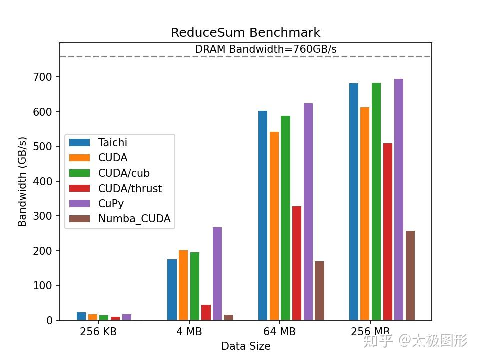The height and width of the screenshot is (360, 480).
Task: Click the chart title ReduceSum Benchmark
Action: click(245, 33)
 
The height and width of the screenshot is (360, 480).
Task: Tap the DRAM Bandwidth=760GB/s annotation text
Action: click(265, 49)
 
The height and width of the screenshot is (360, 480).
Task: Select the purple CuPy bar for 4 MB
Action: click(217, 273)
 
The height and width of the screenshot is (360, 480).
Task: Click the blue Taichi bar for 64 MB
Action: click(263, 215)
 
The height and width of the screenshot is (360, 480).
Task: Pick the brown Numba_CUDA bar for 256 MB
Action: click(410, 275)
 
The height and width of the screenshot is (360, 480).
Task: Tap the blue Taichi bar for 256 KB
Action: click(81, 316)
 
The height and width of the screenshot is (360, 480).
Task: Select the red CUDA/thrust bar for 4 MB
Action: click(206, 312)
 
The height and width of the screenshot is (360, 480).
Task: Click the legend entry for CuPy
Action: click(111, 203)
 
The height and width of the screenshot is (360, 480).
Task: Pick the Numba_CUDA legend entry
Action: click(134, 219)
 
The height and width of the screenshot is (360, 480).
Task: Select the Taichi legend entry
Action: click(113, 142)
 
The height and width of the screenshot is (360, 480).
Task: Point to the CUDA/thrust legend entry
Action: click(130, 188)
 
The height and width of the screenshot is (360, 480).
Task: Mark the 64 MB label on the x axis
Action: click(280, 332)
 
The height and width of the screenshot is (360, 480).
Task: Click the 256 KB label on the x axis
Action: click(98, 332)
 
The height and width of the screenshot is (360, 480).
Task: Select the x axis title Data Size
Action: click(246, 346)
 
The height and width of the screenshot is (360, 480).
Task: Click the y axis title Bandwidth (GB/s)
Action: click(22, 181)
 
